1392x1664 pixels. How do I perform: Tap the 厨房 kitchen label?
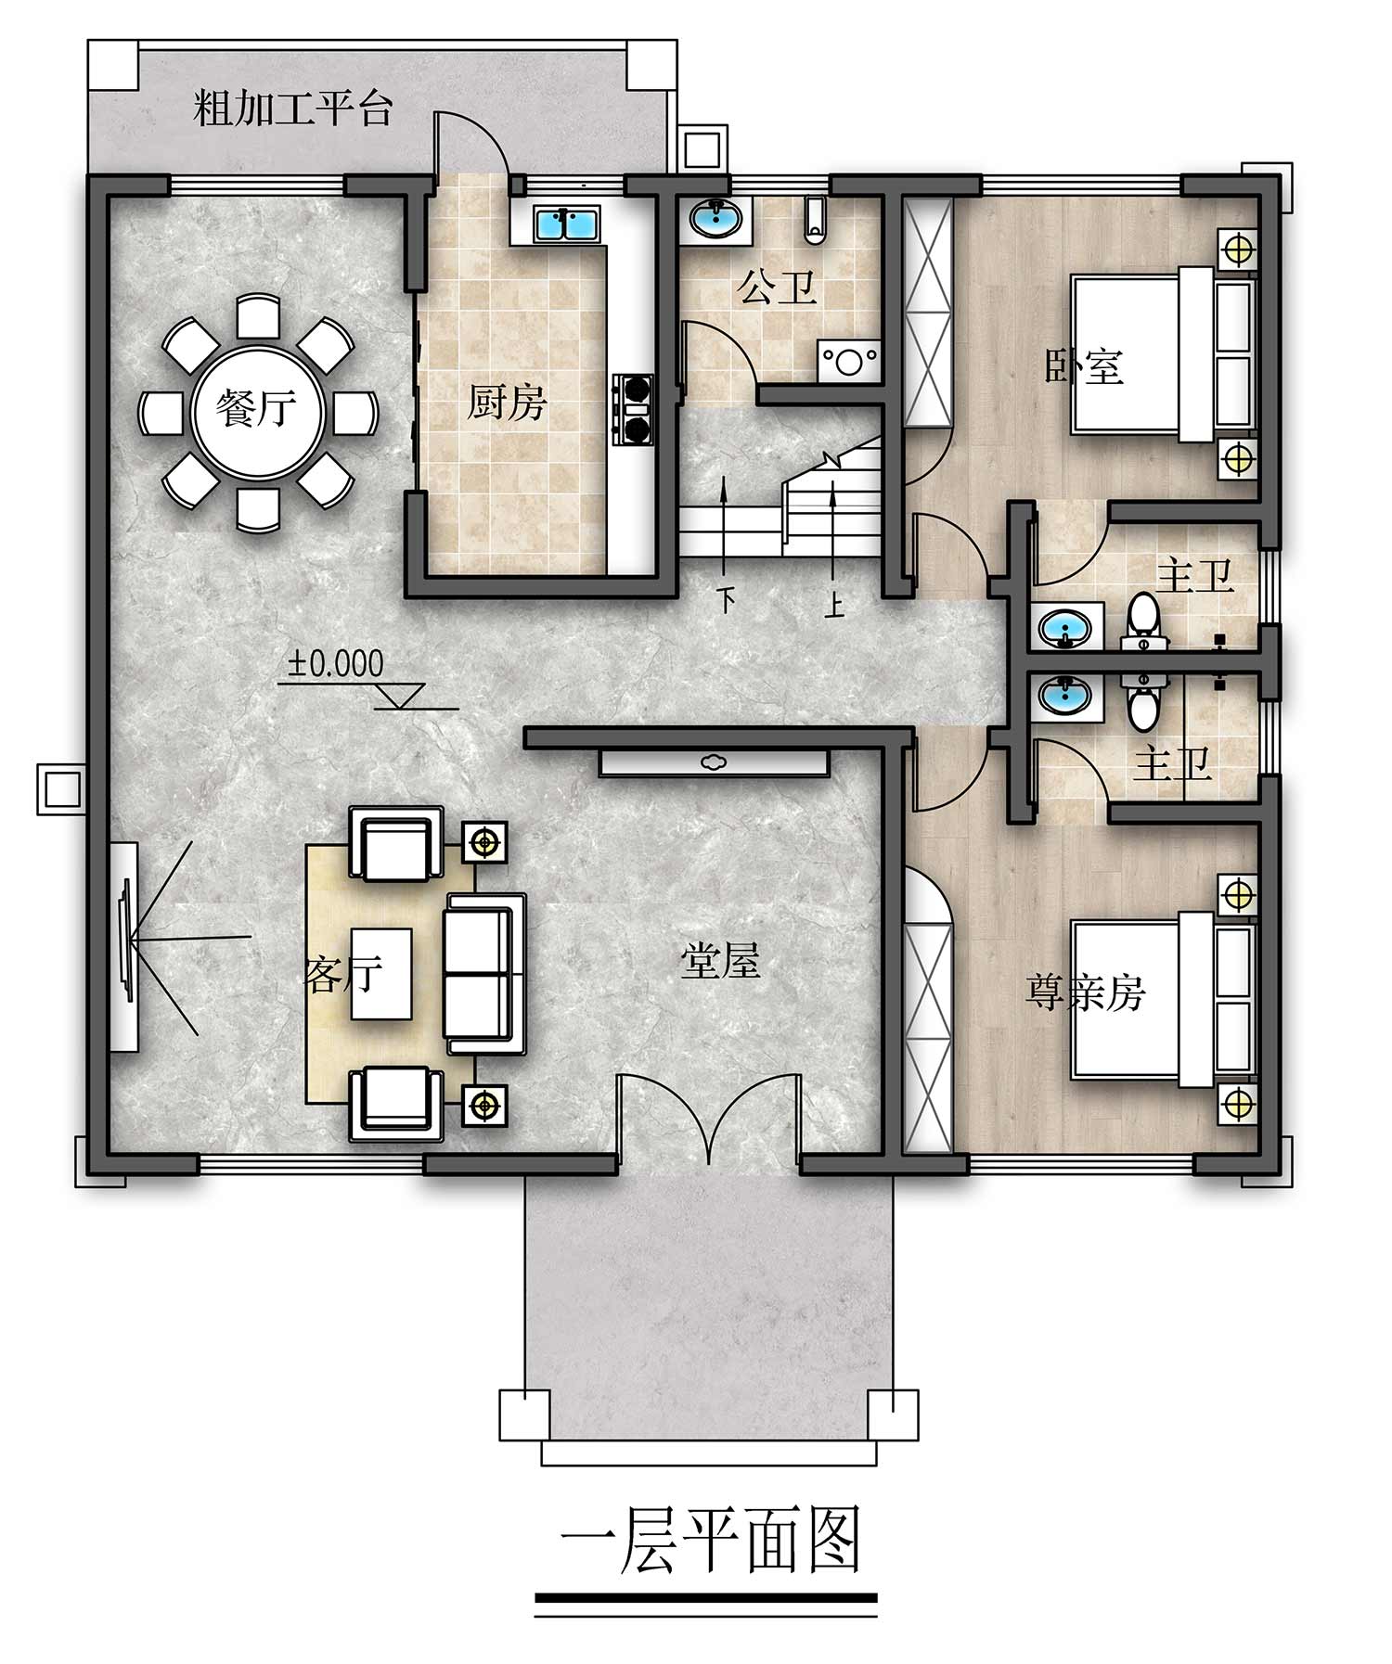[x=507, y=403]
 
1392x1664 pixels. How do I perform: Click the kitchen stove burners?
[x=634, y=409]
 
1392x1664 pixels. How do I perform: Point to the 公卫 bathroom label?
[x=777, y=288]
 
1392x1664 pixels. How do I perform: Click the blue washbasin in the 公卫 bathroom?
[x=715, y=220]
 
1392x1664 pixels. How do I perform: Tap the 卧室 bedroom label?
[x=1084, y=366]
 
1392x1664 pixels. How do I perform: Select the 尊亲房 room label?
[x=1084, y=992]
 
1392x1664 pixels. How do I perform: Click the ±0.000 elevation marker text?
[x=335, y=663]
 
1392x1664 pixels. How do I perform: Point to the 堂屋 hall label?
[x=720, y=962]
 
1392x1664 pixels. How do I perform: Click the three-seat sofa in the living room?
[x=485, y=974]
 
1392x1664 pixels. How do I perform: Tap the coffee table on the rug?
[x=381, y=974]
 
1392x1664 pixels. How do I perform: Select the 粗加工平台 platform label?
[x=293, y=109]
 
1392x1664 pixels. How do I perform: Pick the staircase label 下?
[x=727, y=600]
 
